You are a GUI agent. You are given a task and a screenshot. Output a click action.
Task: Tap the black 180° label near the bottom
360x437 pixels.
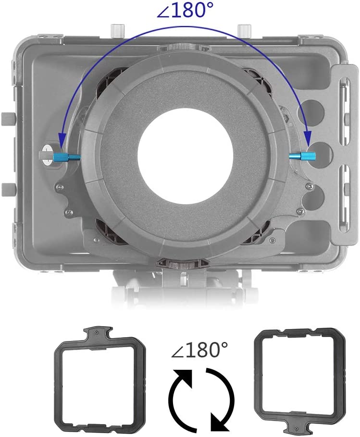tap(199, 350)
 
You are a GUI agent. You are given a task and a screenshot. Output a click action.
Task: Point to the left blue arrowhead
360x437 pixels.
tap(62, 139)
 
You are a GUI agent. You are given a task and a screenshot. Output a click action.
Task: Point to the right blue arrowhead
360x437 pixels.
tap(308, 138)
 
